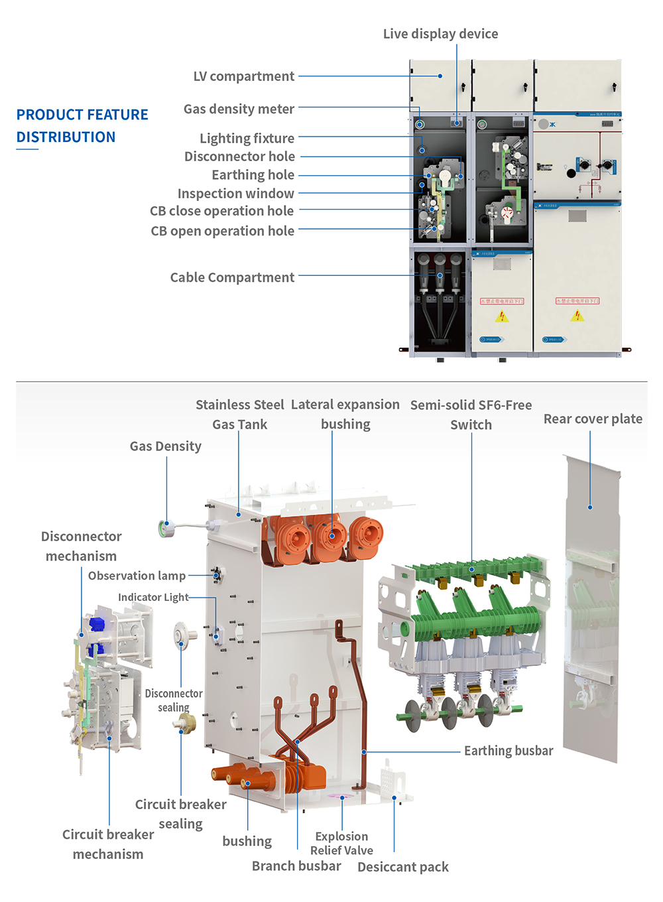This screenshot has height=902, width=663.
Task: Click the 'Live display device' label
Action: (440, 34)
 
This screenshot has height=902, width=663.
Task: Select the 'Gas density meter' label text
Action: (239, 109)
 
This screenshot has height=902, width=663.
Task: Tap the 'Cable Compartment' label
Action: (232, 277)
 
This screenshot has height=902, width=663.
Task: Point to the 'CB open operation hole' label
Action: (222, 231)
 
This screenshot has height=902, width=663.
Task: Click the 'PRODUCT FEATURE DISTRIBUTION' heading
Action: (82, 126)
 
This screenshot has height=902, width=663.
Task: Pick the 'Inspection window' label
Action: (235, 194)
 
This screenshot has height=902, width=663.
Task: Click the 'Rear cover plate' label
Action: (593, 419)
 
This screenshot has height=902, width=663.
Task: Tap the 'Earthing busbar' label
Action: (508, 751)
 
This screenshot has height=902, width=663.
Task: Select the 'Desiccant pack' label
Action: (402, 867)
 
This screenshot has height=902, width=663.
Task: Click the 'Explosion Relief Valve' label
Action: (341, 844)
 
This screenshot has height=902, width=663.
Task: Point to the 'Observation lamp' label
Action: (137, 576)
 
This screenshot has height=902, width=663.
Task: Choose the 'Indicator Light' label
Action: (153, 597)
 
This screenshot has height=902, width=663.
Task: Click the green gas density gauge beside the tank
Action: (166, 529)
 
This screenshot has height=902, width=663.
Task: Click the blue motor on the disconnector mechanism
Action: (97, 624)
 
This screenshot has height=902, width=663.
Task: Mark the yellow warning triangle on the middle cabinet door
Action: (502, 316)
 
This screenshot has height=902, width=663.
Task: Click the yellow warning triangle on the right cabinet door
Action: (577, 316)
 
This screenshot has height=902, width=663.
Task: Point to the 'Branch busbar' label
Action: (296, 866)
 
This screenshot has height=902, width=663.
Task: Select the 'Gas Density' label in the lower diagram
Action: (165, 446)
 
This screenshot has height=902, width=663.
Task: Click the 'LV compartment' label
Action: (243, 76)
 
